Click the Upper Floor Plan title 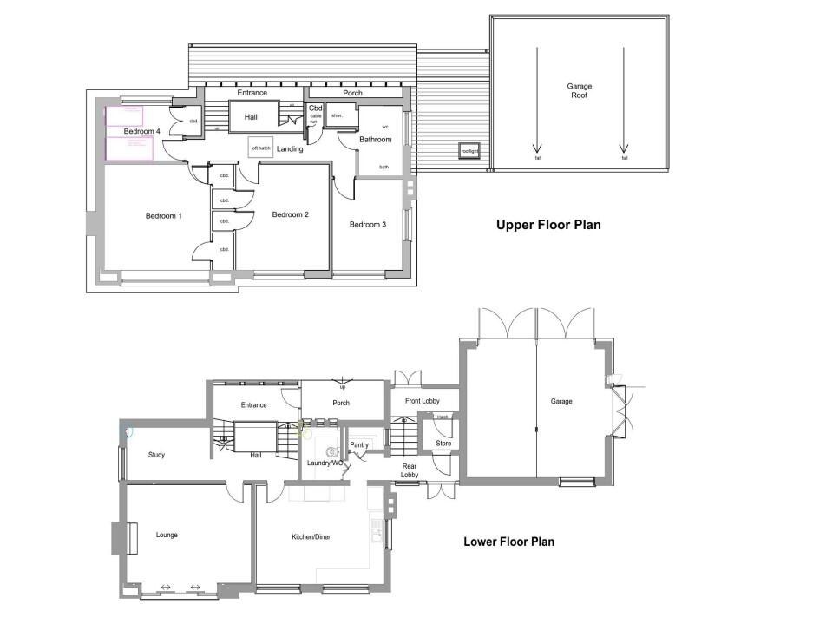tap(548, 225)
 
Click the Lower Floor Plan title tap(508, 542)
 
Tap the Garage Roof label tap(580, 91)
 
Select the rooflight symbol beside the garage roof tap(469, 151)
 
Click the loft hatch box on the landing tap(261, 148)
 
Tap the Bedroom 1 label tap(163, 215)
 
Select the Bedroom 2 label tap(290, 214)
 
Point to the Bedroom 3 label tap(368, 225)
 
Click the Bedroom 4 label tap(141, 131)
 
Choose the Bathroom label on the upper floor tap(376, 139)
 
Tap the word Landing tap(290, 149)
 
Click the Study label tap(156, 455)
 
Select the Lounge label tap(167, 535)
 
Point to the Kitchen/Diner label tap(311, 536)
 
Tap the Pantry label tap(359, 445)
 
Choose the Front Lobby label tap(423, 401)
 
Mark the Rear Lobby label tap(410, 470)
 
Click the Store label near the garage tap(443, 444)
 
